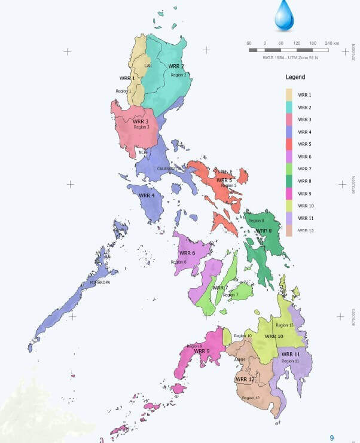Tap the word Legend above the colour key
[295, 77]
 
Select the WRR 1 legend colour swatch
[289, 95]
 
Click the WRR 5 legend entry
[304, 145]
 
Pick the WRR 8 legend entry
[304, 181]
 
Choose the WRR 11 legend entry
[306, 218]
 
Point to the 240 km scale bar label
[332, 43]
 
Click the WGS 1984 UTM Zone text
[291, 57]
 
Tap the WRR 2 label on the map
[176, 66]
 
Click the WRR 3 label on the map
[141, 121]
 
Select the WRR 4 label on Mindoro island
[147, 195]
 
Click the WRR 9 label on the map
[202, 351]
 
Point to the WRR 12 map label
[245, 380]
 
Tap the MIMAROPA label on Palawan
[100, 282]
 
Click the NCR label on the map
[142, 152]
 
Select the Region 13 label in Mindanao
[287, 325]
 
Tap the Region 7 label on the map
[230, 295]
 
